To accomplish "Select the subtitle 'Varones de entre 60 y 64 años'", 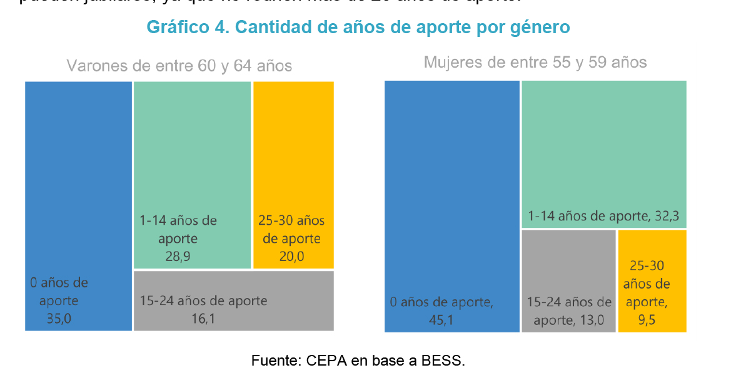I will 179,66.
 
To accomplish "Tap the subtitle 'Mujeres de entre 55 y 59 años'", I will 535,63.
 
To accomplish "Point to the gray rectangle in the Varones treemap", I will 233,300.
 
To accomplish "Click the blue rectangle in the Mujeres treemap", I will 451,188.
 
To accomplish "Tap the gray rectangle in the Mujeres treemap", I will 568,263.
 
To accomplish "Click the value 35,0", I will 59,319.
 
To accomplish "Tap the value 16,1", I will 203,319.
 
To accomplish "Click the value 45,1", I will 441,321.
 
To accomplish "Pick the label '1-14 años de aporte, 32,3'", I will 603,217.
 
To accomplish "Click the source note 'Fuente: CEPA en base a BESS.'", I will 358,361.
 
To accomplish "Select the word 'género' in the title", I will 538,28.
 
